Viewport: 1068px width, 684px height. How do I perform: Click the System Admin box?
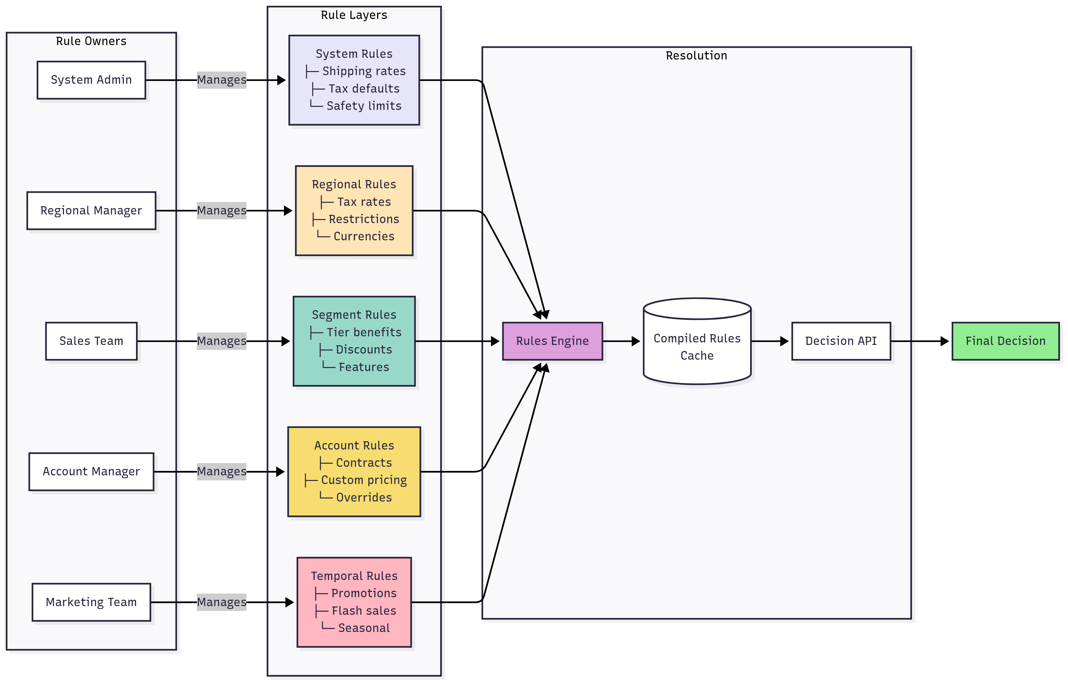[91, 80]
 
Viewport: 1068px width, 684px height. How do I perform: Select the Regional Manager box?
[91, 211]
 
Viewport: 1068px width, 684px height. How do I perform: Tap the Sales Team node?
[91, 341]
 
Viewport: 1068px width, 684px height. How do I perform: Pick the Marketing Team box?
[91, 602]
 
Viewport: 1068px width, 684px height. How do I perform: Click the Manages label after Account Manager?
[221, 471]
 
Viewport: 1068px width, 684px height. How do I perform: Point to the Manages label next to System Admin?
[221, 80]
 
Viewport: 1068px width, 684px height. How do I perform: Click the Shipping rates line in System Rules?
[363, 71]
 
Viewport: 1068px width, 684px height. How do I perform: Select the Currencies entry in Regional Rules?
[363, 236]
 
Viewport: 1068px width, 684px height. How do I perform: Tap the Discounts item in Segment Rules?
[363, 350]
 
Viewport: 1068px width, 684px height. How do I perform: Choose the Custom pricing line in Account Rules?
[363, 480]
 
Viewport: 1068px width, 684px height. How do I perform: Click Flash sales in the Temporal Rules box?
[363, 611]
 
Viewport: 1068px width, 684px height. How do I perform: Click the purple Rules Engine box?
[552, 341]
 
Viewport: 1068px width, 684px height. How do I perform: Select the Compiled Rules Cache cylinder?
[697, 346]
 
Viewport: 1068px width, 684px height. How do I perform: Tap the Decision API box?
[841, 341]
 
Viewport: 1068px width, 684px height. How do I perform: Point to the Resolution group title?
[696, 56]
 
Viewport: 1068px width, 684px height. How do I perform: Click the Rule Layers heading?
[354, 15]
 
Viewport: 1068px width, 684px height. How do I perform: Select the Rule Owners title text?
[91, 41]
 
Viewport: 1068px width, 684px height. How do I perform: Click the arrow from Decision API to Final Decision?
[919, 341]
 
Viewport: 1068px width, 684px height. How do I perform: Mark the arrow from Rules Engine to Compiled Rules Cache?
[621, 341]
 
